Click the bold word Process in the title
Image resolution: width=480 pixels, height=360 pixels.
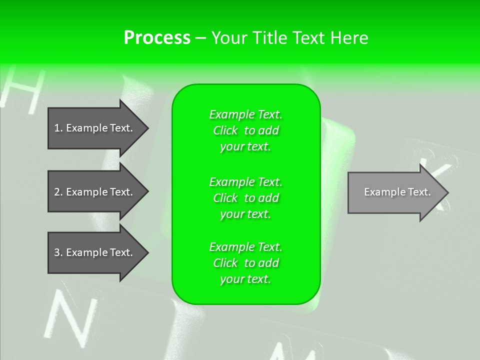point(157,38)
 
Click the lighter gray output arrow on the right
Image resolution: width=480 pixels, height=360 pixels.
point(395,192)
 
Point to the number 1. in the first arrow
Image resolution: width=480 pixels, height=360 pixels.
point(58,128)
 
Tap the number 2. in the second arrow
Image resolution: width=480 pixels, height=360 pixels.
point(58,192)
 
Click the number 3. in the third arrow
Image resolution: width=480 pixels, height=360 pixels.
point(58,252)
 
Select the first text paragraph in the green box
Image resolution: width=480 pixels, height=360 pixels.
point(245,130)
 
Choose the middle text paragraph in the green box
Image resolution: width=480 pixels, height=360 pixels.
point(245,198)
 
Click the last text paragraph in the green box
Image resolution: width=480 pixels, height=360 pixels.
point(245,263)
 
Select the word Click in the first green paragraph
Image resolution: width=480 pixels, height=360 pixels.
point(225,130)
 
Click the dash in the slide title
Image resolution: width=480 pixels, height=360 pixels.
point(201,38)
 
